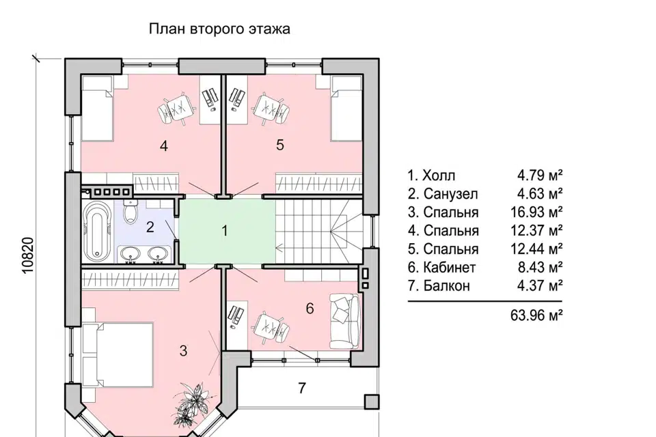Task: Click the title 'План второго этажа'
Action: point(219,29)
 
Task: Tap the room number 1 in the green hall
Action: point(225,231)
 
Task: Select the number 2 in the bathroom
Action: point(150,227)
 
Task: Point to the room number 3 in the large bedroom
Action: point(183,351)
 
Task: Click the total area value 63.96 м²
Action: point(536,315)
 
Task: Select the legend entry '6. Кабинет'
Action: point(441,268)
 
